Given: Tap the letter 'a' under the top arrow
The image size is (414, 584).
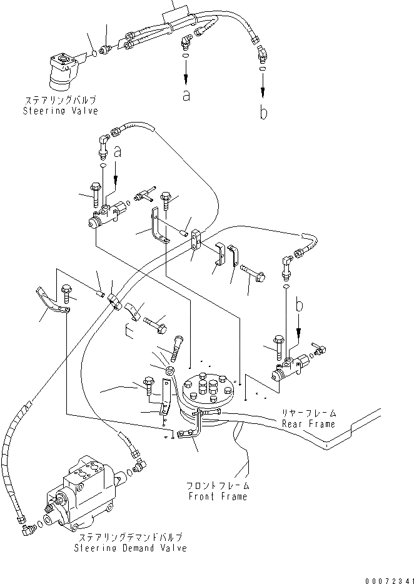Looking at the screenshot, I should pos(186,95).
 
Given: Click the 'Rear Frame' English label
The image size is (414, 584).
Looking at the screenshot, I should pos(308,424).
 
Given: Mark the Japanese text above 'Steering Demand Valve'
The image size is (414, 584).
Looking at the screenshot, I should pos(129,538).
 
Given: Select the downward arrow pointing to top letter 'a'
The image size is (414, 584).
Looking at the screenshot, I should pos(186,75).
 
